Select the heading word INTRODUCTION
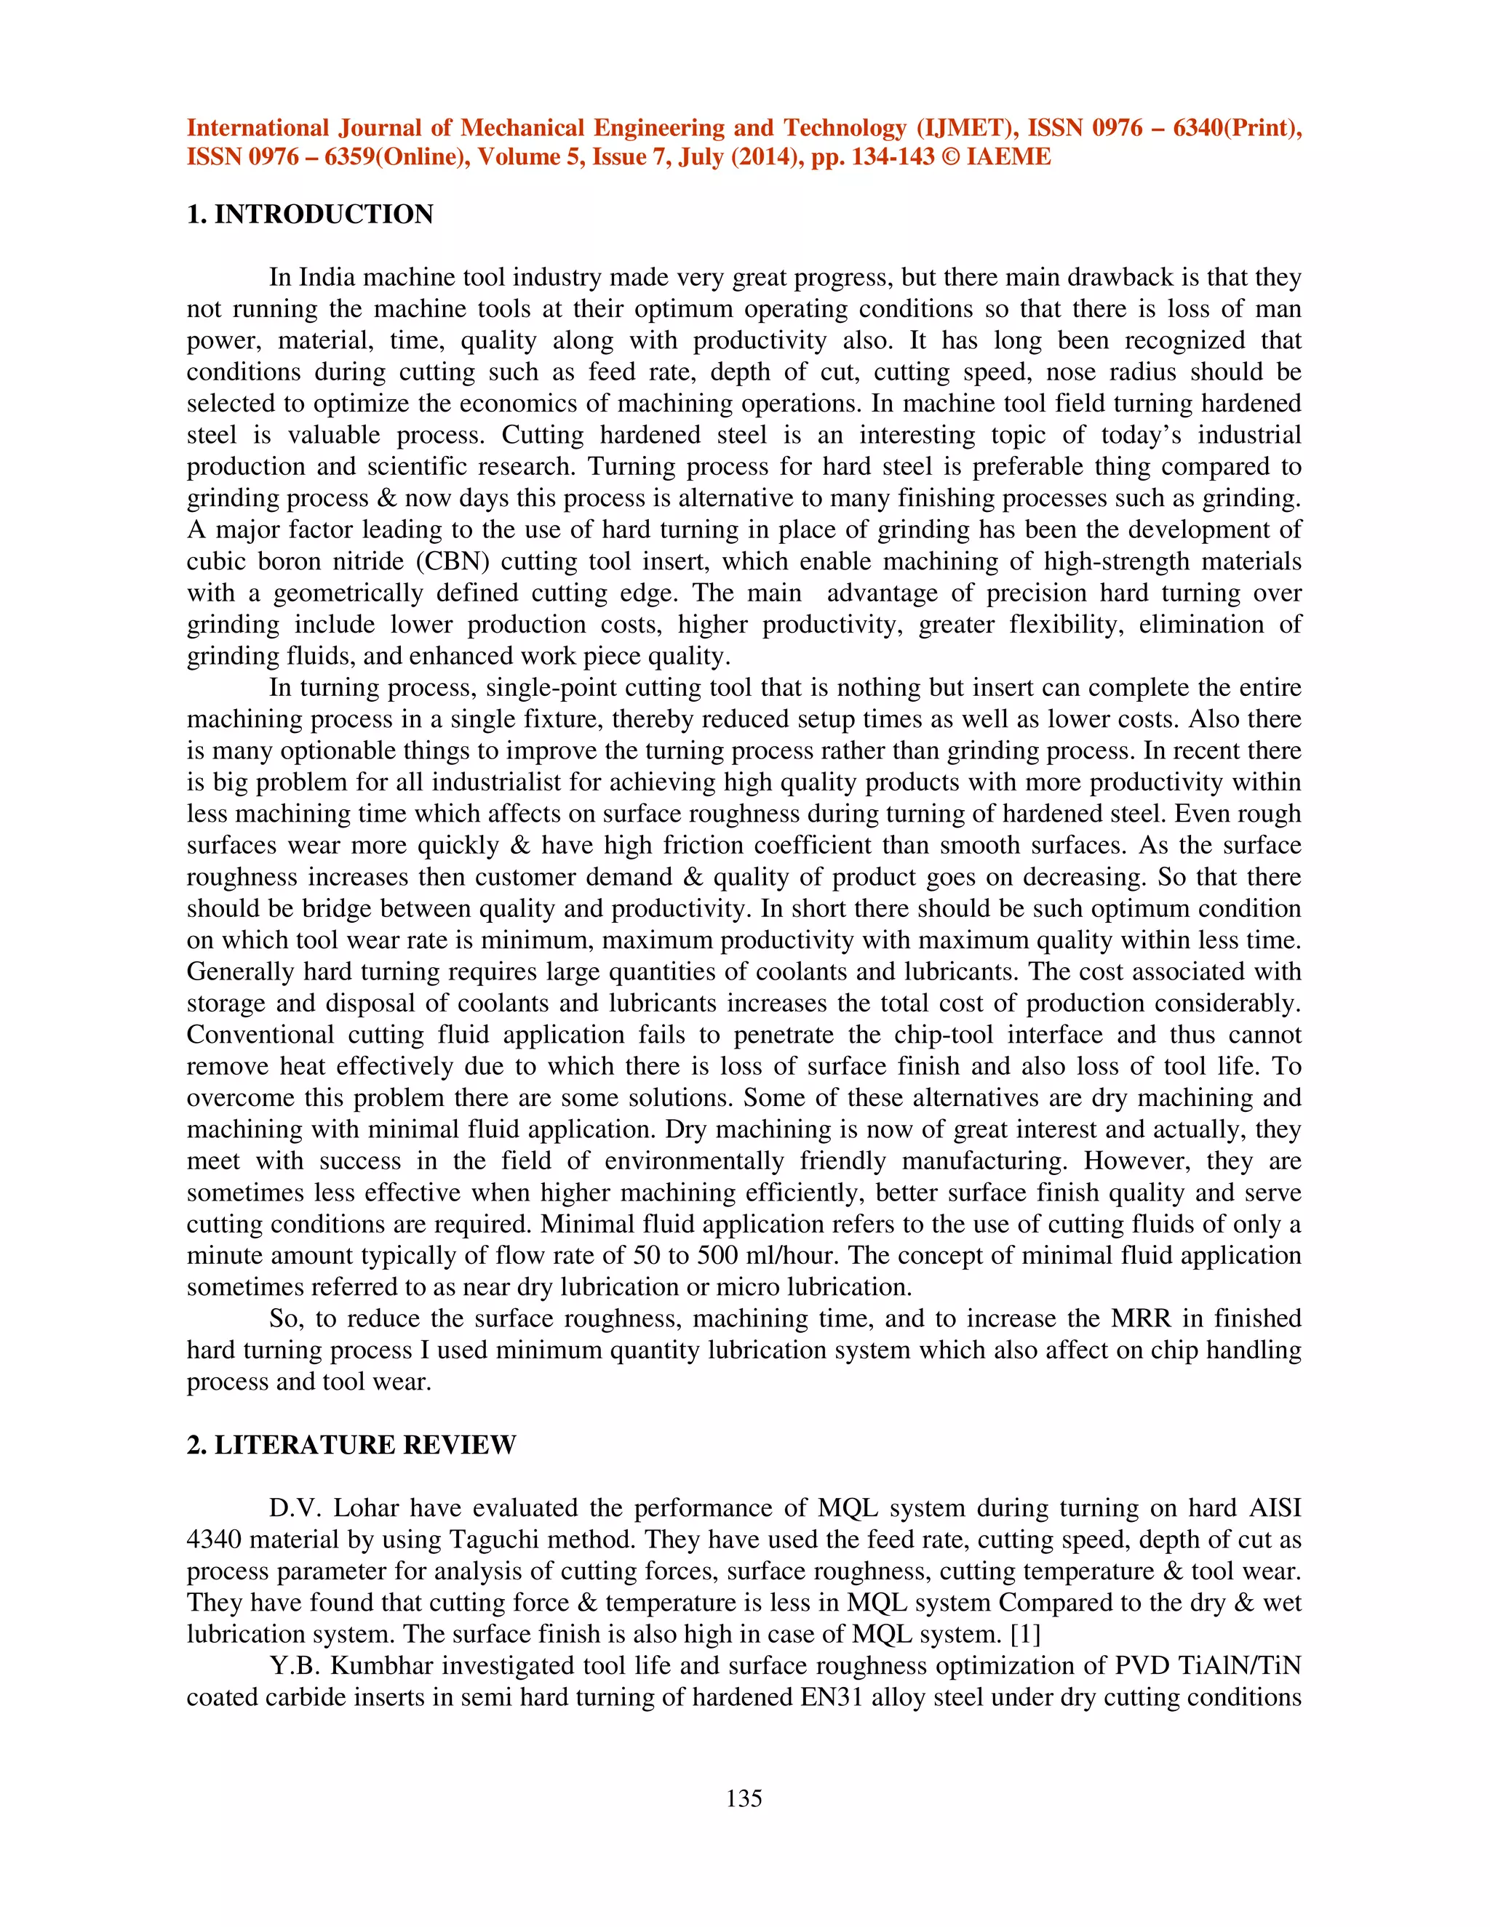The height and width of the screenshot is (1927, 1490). tap(324, 215)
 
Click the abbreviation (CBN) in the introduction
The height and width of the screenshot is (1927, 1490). tap(451, 561)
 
